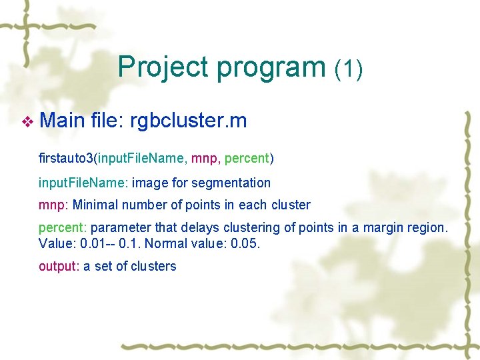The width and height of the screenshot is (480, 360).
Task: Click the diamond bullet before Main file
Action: [x=27, y=122]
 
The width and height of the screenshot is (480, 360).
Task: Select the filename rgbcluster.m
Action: [x=189, y=121]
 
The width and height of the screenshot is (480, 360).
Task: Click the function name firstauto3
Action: [x=66, y=159]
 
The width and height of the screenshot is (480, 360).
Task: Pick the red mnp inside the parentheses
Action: [x=204, y=159]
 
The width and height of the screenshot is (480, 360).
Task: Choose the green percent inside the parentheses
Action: [x=246, y=159]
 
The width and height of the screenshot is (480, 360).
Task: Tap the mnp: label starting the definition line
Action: [x=53, y=205]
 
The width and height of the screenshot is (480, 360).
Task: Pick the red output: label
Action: [x=59, y=267]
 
